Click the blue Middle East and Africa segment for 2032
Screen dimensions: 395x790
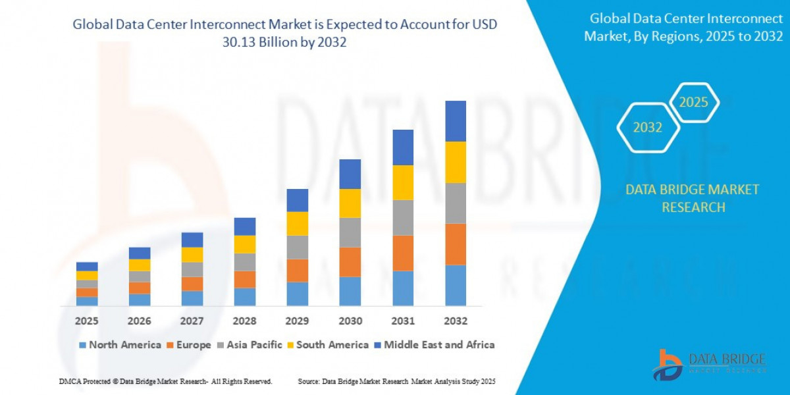pos(456,121)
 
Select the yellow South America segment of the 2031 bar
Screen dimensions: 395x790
pos(403,182)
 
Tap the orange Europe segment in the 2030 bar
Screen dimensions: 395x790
pos(350,262)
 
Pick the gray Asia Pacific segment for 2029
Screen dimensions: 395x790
pos(298,247)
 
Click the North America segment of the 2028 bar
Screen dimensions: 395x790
pos(245,297)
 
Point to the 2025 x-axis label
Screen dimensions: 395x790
pos(87,321)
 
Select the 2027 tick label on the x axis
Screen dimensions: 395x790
pos(192,321)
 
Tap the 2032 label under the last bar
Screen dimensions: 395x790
pos(456,321)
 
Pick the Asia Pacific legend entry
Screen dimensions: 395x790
pos(253,345)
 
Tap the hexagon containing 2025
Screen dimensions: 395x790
pos(693,103)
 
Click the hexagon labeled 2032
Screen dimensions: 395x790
pos(647,128)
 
